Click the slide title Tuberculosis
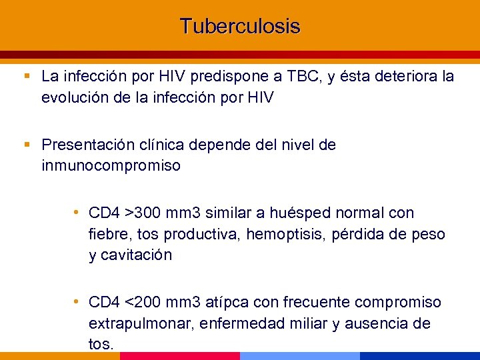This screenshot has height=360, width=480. click(x=240, y=27)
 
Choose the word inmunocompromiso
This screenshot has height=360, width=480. click(x=111, y=166)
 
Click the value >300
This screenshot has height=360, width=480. click(x=145, y=213)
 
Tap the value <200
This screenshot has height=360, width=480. click(x=145, y=303)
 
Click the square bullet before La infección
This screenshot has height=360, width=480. click(x=27, y=77)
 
